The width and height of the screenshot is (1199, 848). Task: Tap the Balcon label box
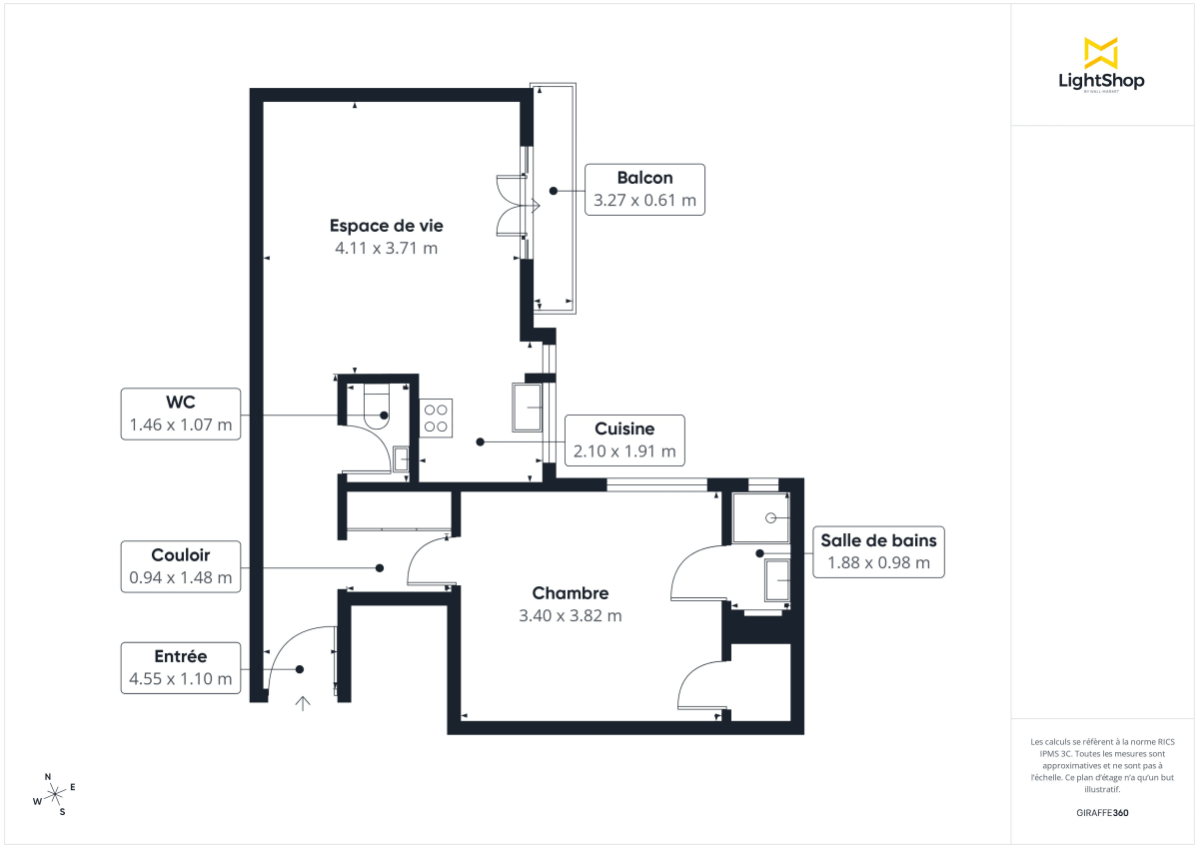pyautogui.click(x=644, y=189)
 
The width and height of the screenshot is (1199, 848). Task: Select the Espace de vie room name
pyautogui.click(x=386, y=225)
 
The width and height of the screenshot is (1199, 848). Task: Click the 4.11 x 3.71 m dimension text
pyautogui.click(x=386, y=248)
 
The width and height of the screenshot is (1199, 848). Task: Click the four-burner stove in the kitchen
pyautogui.click(x=436, y=417)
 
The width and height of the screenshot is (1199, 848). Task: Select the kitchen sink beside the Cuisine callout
pyautogui.click(x=528, y=408)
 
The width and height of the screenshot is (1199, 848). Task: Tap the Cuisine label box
pyautogui.click(x=624, y=440)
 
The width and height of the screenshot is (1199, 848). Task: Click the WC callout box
pyautogui.click(x=181, y=414)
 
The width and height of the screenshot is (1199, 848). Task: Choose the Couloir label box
pyautogui.click(x=181, y=566)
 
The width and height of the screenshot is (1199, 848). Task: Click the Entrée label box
pyautogui.click(x=181, y=667)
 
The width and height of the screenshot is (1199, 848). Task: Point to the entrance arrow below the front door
pyautogui.click(x=303, y=703)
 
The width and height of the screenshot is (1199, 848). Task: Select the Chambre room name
pyautogui.click(x=570, y=592)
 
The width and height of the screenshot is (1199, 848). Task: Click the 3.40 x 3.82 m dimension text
pyautogui.click(x=570, y=616)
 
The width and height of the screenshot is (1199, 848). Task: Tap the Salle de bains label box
pyautogui.click(x=878, y=551)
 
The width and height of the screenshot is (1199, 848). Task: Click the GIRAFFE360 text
pyautogui.click(x=1101, y=813)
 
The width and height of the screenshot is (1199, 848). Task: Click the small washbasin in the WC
pyautogui.click(x=401, y=459)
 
